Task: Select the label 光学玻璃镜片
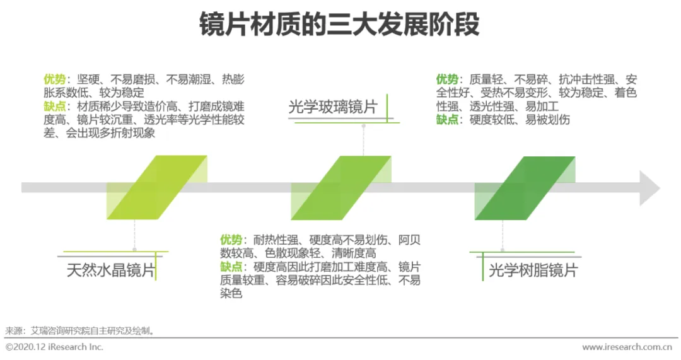click(x=332, y=107)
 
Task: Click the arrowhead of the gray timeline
click(x=649, y=188)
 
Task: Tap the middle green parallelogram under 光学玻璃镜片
click(x=340, y=188)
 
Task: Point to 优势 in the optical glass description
click(x=231, y=240)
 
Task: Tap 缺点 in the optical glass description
click(x=231, y=267)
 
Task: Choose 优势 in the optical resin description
click(x=447, y=79)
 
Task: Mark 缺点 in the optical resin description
click(x=447, y=119)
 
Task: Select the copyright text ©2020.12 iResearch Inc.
click(x=54, y=347)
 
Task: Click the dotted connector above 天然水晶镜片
click(x=134, y=236)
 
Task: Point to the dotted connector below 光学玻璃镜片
click(x=363, y=140)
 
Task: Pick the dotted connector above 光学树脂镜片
click(x=503, y=236)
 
